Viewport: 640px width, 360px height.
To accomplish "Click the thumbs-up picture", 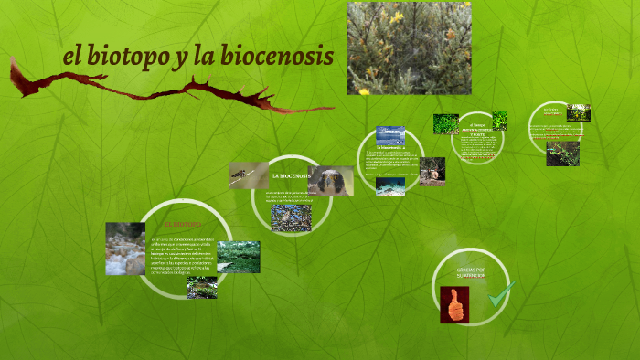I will [454, 305].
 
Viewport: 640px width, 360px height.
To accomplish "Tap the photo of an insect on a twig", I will [249, 175].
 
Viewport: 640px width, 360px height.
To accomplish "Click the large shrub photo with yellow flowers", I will [409, 48].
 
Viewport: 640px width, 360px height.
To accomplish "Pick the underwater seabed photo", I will [390, 185].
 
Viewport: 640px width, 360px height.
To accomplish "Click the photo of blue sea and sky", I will [390, 135].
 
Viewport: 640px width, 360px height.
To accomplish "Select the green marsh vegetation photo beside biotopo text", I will [238, 257].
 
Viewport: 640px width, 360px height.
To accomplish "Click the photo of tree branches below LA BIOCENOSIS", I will [290, 218].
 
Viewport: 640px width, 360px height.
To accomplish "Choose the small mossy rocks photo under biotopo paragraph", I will [202, 288].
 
